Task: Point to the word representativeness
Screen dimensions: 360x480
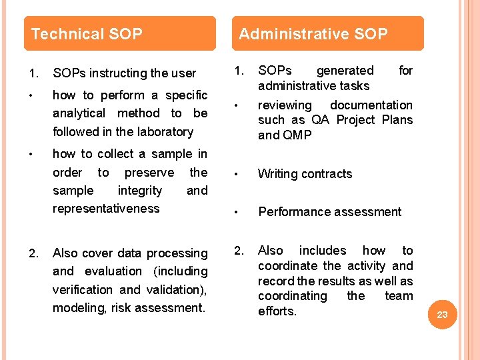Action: coord(106,208)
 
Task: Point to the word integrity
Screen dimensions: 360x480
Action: coord(139,190)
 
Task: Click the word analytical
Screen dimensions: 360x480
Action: coord(79,113)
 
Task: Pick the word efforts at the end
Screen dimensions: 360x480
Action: coord(277,311)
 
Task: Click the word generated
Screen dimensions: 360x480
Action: coord(345,70)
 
